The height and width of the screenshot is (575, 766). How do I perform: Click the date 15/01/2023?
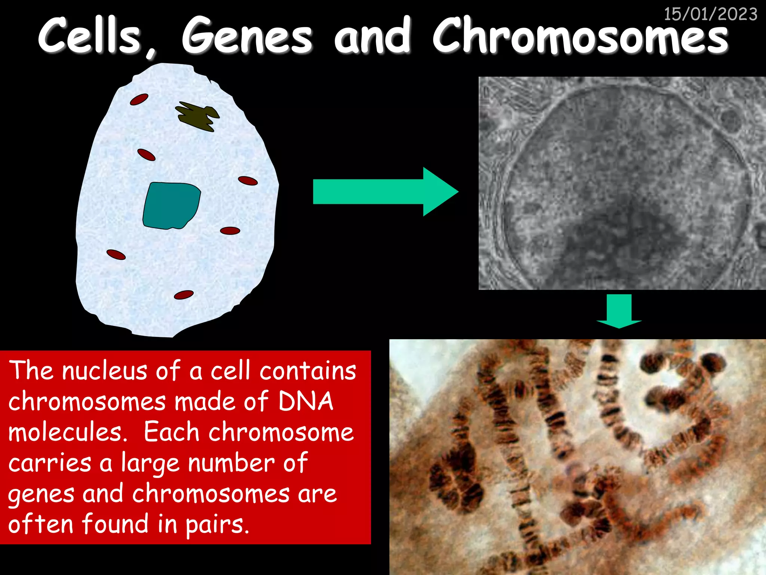710,14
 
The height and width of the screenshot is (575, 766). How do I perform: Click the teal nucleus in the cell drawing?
171,205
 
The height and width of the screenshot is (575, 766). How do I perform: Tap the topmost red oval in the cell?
139,100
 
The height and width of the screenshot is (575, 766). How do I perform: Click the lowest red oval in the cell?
184,295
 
